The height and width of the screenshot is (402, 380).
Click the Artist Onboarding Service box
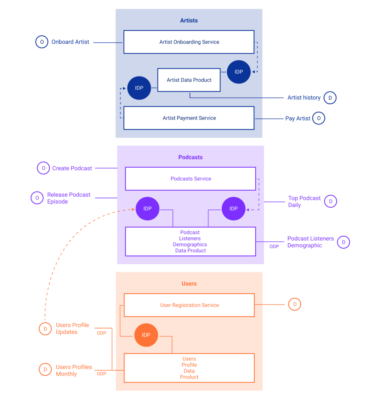click(x=189, y=42)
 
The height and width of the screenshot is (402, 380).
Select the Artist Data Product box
click(x=189, y=80)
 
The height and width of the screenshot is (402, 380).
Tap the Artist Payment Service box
click(x=189, y=118)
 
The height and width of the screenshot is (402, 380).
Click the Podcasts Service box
click(x=190, y=179)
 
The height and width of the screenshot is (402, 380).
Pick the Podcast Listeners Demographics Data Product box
click(x=190, y=242)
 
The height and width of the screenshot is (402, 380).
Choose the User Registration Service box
click(x=189, y=305)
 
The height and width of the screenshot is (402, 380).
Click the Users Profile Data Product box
click(x=189, y=368)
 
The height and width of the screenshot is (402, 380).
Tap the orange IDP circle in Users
click(x=146, y=335)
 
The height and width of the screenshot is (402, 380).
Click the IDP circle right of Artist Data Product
click(x=238, y=72)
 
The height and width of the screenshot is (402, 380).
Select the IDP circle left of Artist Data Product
click(x=139, y=88)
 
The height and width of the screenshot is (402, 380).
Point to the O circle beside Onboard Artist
click(x=42, y=42)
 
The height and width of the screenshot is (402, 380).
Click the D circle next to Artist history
click(x=330, y=98)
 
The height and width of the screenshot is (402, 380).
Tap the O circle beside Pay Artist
click(x=318, y=118)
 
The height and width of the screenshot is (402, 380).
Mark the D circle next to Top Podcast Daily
click(x=330, y=201)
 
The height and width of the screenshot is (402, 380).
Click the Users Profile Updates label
click(x=72, y=329)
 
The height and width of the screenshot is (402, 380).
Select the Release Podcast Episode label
click(x=69, y=198)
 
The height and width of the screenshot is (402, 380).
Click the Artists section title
click(x=189, y=20)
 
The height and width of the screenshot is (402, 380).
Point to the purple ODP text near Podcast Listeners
click(x=274, y=246)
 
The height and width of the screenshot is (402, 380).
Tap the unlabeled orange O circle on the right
click(x=295, y=304)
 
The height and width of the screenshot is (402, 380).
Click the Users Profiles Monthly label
click(x=74, y=370)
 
